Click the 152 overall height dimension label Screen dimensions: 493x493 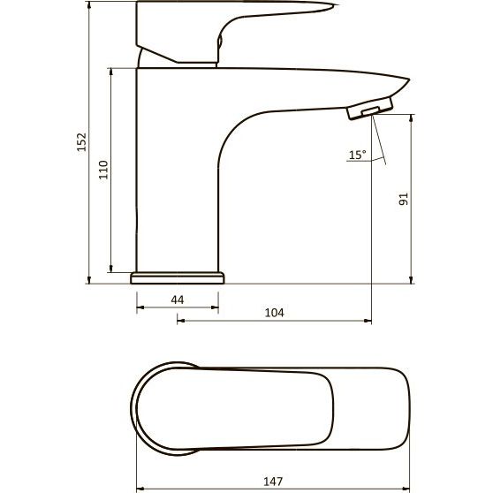point(82,142)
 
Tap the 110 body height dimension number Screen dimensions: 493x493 point(103,170)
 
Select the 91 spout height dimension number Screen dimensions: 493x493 point(403,199)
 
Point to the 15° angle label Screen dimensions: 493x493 point(358,155)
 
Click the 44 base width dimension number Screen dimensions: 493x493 point(178,300)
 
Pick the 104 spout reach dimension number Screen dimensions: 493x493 point(275,313)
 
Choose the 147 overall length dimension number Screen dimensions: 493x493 point(273,482)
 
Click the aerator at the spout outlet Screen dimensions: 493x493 point(370,109)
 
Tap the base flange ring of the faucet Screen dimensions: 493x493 point(178,278)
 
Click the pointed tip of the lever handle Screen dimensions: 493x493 point(338,5)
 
